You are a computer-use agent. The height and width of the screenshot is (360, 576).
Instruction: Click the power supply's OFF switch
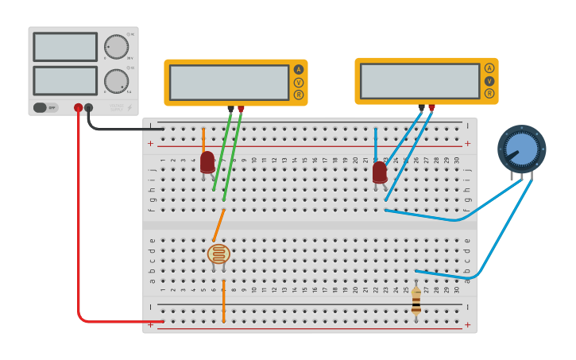pos(46,107)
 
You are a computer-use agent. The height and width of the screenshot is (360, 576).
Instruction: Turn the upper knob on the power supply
pos(116,47)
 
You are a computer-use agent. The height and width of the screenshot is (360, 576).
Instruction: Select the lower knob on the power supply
pos(116,80)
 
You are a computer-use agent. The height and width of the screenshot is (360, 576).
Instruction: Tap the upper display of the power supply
pos(65,47)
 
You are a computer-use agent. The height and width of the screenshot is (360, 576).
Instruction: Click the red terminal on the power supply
pos(78,107)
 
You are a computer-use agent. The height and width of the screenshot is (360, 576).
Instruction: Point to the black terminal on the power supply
pos(88,107)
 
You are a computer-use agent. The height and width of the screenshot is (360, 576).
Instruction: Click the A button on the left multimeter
pos(299,69)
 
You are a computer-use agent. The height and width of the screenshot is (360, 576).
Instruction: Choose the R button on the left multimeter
pos(299,95)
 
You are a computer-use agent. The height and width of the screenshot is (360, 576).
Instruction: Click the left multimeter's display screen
pos(229,82)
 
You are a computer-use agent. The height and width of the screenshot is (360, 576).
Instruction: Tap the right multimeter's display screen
pos(419,80)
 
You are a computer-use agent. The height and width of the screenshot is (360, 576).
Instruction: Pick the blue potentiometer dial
pos(521,149)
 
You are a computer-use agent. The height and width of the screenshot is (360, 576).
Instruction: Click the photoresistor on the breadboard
pos(218,254)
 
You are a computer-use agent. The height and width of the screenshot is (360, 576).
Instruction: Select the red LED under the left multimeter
pos(207,161)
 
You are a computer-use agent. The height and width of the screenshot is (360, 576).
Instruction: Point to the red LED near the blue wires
pos(380,172)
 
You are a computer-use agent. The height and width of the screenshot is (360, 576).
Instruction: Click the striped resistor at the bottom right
pos(416,300)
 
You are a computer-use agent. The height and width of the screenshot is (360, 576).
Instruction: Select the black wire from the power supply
pos(119,128)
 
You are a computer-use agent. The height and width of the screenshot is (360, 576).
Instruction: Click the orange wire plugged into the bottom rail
pos(224,302)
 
